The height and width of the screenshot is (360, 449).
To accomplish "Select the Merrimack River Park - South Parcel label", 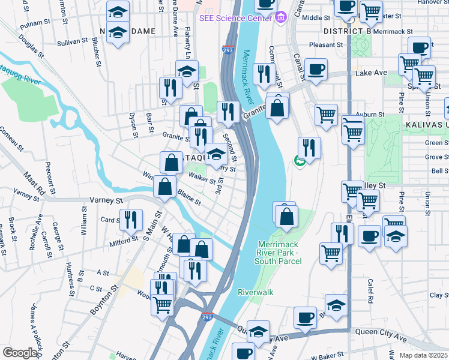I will pyautogui.click(x=283, y=253).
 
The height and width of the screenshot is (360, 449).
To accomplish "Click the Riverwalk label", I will pyautogui.click(x=255, y=292).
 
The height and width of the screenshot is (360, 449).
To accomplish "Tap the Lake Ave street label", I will pyautogui.click(x=371, y=73).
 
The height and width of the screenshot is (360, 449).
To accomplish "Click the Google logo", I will pyautogui.click(x=20, y=353).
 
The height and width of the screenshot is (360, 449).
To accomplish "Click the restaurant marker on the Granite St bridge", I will pyautogui.click(x=228, y=112).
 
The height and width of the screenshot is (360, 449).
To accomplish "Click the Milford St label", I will pyautogui.click(x=124, y=241).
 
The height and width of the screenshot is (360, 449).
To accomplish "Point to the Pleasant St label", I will pyautogui.click(x=326, y=44).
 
